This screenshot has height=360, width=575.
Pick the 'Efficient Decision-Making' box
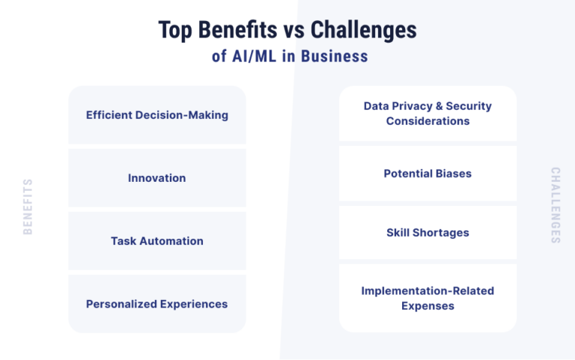pos(157,115)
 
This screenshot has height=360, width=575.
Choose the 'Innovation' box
pos(157,178)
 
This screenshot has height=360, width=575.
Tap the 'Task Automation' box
pos(157,241)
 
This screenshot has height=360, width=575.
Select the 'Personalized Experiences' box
pos(157,304)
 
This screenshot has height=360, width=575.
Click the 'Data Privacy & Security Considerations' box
pos(428,114)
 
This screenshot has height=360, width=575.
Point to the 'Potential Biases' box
pos(428,174)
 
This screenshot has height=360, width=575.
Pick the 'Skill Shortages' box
pos(428,233)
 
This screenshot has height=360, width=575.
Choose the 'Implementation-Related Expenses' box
pos(428,298)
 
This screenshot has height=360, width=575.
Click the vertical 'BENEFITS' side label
pos(28,207)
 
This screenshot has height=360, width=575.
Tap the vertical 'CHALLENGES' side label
pos(556,205)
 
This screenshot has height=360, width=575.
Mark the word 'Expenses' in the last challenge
pos(428,305)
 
